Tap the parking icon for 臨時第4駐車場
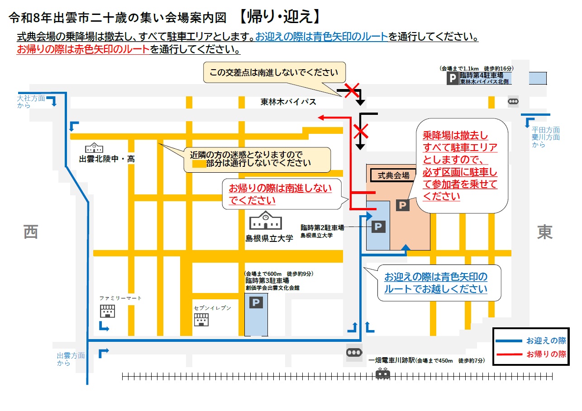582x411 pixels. pos(453,79)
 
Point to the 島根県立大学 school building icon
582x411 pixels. pos(266,221)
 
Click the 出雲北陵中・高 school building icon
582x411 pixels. pos(94,147)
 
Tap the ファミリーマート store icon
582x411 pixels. pos(108,311)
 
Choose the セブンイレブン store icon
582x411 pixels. pos(201,320)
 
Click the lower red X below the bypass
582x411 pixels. pos(361,132)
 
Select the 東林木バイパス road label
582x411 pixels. pos(288,102)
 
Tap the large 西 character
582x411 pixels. pos(31,232)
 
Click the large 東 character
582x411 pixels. pos(545,232)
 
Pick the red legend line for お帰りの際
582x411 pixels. pos(508,354)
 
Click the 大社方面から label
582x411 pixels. pos(31,102)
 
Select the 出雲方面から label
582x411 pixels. pos(71,359)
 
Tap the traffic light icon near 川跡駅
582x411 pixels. pos(354,352)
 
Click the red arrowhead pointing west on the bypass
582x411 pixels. pos(321,118)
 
